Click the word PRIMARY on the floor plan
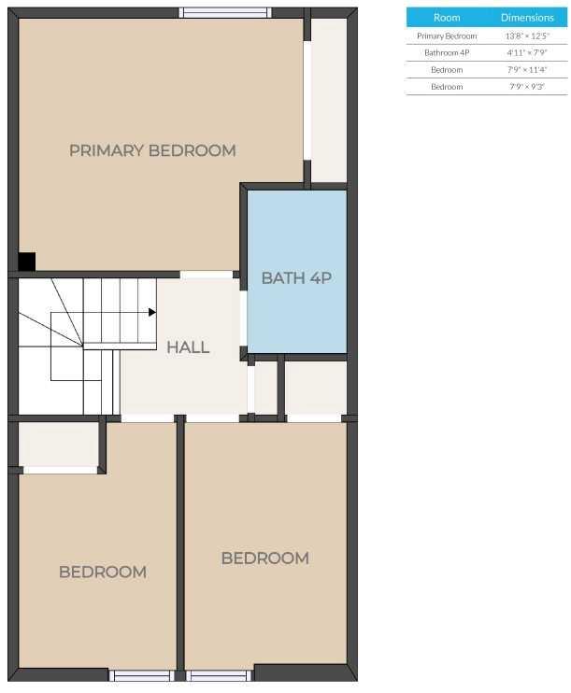pyautogui.click(x=107, y=150)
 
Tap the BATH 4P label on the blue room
pyautogui.click(x=296, y=278)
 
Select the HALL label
pyautogui.click(x=188, y=346)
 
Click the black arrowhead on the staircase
pyautogui.click(x=152, y=313)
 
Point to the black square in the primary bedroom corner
pyautogui.click(x=26, y=262)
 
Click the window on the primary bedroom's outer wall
pyautogui.click(x=225, y=12)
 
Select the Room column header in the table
pyautogui.click(x=447, y=18)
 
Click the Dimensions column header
pyautogui.click(x=527, y=18)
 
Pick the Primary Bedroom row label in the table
pyautogui.click(x=447, y=36)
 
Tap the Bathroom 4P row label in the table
pyautogui.click(x=447, y=53)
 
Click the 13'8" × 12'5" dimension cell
pyautogui.click(x=527, y=36)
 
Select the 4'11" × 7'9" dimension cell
pyautogui.click(x=527, y=53)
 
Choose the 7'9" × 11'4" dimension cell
pyautogui.click(x=527, y=70)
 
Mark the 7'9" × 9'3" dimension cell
pyautogui.click(x=527, y=87)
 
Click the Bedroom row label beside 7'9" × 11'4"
pyautogui.click(x=447, y=70)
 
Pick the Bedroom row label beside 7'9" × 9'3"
pyautogui.click(x=447, y=87)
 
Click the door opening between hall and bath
pyautogui.click(x=243, y=318)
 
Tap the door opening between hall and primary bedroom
pyautogui.click(x=207, y=275)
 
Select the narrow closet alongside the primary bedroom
pyautogui.click(x=329, y=100)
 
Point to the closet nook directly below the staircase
pyautogui.click(x=58, y=445)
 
